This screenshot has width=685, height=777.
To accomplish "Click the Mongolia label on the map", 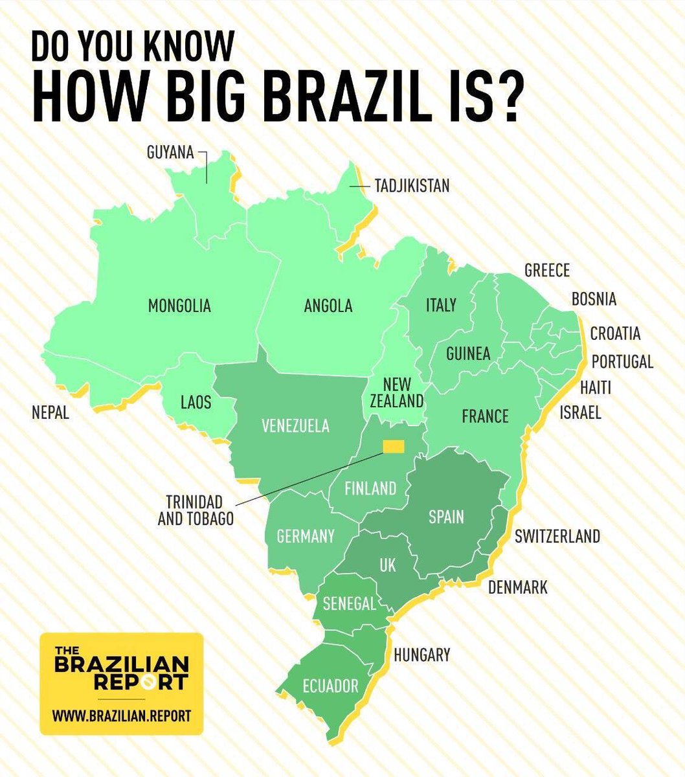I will click(x=179, y=305).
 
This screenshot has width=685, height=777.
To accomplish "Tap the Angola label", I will click(x=328, y=306).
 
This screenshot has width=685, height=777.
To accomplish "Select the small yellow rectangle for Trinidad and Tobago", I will click(x=393, y=446).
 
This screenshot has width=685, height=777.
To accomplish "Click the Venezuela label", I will click(x=295, y=425).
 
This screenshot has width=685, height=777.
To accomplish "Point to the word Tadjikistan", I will click(x=412, y=186).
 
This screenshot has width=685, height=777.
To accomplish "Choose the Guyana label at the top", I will click(x=170, y=153).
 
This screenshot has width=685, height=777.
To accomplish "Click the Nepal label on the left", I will click(x=50, y=412).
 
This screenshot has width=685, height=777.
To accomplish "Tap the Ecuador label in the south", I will click(x=330, y=686).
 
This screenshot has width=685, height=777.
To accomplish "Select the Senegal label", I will click(x=349, y=603).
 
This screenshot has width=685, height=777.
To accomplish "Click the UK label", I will click(x=387, y=565).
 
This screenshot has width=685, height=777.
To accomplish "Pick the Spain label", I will click(x=446, y=516).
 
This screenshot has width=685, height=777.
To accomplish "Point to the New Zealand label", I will click(x=396, y=392).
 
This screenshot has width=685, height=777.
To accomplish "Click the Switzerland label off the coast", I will click(x=557, y=536).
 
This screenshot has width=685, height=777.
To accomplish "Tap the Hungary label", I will click(x=421, y=655).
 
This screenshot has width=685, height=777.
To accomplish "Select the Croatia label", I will click(x=615, y=333).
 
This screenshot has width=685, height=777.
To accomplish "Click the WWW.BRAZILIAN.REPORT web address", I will click(x=121, y=717).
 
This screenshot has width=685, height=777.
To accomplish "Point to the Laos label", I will click(x=196, y=402).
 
